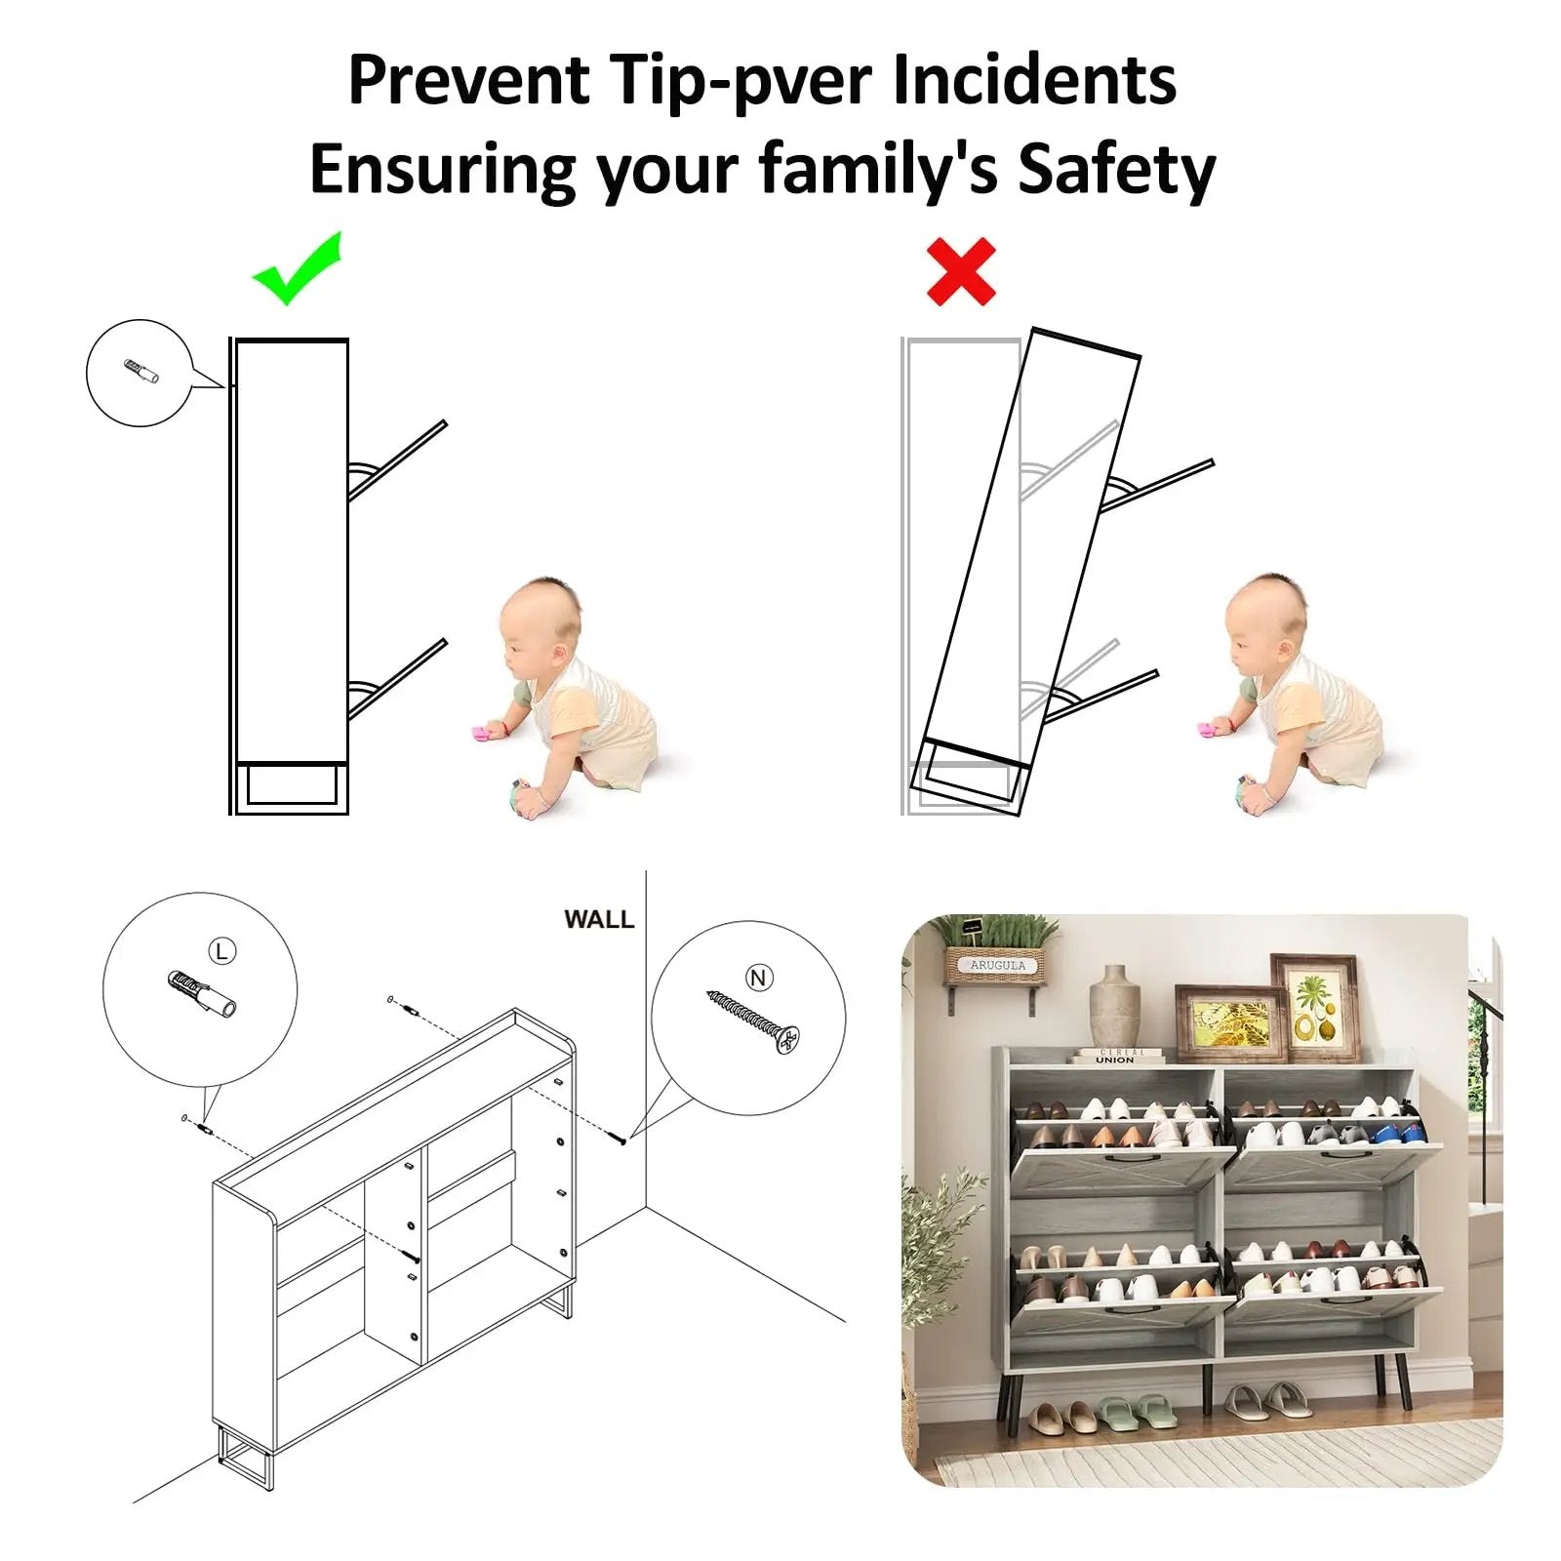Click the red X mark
coord(961,271)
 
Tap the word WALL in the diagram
coord(598,919)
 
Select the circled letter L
coord(222,951)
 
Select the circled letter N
coord(759,978)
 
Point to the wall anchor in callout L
coord(202,993)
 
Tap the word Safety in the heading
coord(1117,171)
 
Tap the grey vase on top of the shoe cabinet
coord(1114,1007)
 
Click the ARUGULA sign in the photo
coord(997,964)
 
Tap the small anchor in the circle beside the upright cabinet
coord(141,372)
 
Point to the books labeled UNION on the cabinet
coord(1118,1057)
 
